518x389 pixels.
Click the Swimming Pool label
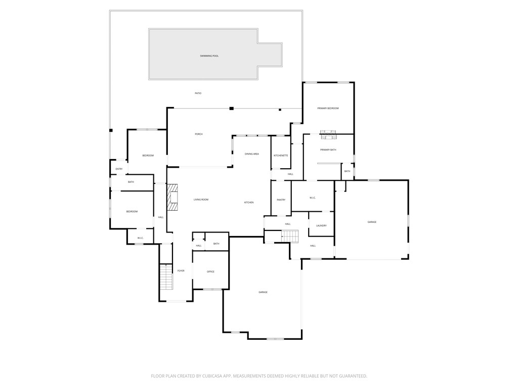click(209, 56)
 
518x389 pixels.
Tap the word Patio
click(198, 93)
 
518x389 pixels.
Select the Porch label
click(199, 134)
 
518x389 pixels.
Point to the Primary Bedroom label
click(328, 108)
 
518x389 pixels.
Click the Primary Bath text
click(328, 150)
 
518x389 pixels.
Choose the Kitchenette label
click(281, 155)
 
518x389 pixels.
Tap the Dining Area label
click(252, 153)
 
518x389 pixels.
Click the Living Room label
click(201, 200)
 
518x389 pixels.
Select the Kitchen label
click(249, 203)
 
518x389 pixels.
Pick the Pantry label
click(281, 200)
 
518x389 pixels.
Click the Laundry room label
click(321, 226)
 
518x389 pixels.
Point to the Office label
click(210, 272)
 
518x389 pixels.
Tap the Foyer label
click(181, 271)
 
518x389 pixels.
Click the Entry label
click(119, 169)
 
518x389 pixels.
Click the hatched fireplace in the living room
click(173, 197)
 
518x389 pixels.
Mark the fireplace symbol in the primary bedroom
click(328, 135)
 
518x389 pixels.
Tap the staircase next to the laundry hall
click(290, 236)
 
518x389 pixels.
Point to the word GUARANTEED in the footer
click(349, 376)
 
